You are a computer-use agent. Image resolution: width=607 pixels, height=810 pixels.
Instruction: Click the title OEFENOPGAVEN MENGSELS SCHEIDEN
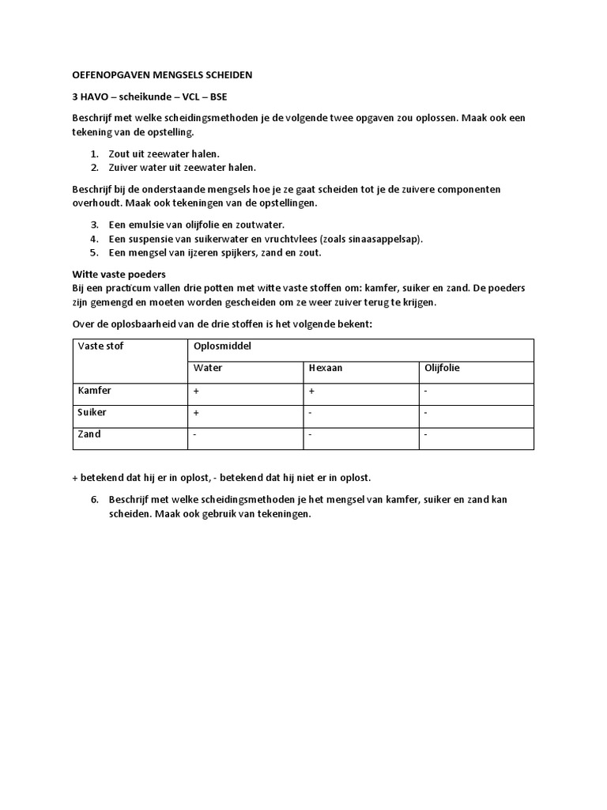[x=163, y=75]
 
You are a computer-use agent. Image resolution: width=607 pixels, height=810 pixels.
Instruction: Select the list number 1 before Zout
[x=93, y=153]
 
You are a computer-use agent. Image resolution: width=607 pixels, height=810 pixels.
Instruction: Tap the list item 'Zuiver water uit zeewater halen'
[x=182, y=168]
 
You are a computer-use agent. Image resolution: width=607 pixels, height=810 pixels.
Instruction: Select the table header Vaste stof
[x=100, y=346]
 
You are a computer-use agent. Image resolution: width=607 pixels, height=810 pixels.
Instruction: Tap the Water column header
[x=208, y=368]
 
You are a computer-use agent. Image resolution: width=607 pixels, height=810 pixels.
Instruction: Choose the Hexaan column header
[x=326, y=368]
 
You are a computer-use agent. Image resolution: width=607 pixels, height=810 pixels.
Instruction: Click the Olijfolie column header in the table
[x=443, y=368]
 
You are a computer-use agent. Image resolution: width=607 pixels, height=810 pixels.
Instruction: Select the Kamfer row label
[x=94, y=391]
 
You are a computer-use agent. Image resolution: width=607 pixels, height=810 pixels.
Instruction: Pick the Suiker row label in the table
[x=92, y=412]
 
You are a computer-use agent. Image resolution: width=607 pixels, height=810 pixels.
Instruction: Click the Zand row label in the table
[x=89, y=434]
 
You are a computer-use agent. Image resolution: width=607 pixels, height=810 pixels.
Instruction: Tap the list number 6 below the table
[x=93, y=500]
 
